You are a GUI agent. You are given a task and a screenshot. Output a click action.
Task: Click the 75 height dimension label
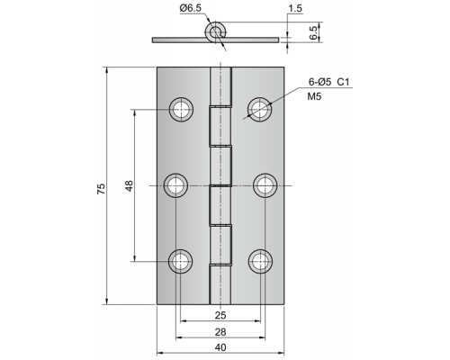(x=102, y=189)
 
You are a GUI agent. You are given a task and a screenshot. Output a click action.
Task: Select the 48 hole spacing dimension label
(x=129, y=186)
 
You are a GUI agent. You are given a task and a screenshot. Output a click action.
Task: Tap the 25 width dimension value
(x=220, y=315)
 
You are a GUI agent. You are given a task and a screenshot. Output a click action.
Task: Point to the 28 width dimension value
(x=220, y=332)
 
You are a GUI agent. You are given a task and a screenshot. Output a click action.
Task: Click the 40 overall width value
(x=220, y=347)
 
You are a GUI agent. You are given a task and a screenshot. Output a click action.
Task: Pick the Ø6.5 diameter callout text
(x=191, y=8)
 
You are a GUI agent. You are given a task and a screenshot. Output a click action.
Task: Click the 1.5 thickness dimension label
(x=295, y=8)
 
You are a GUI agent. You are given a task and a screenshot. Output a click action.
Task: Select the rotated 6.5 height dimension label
(x=313, y=32)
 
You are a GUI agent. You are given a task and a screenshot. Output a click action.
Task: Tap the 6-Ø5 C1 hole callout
(x=329, y=82)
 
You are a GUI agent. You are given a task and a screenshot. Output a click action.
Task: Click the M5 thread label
(x=314, y=96)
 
